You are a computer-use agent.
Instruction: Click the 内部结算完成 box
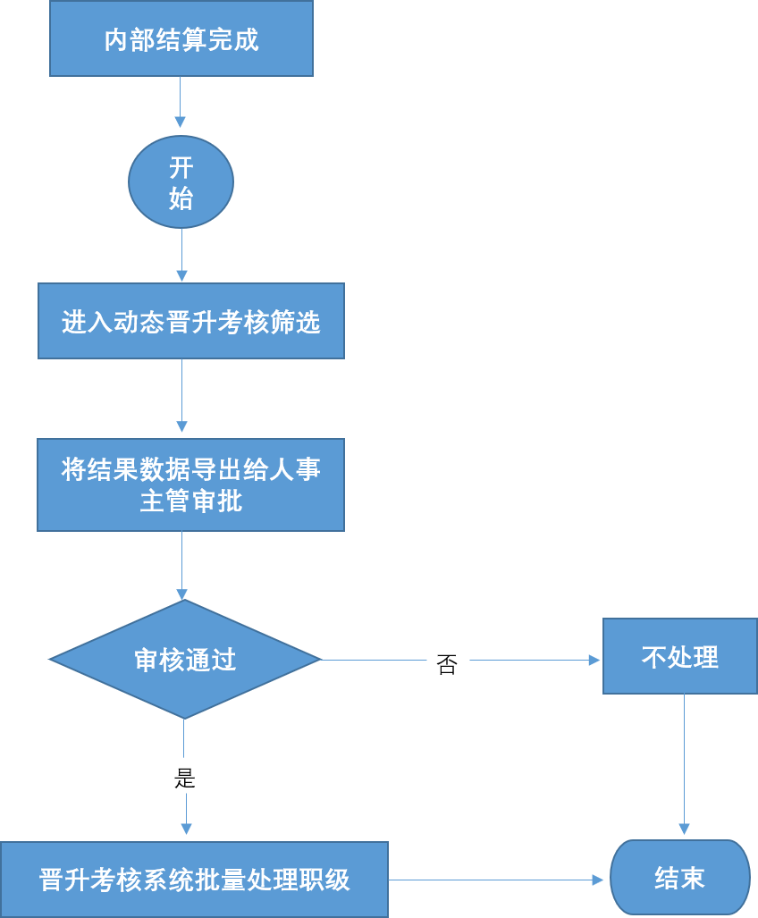181,39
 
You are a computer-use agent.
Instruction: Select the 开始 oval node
181,182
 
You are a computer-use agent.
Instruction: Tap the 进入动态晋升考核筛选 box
190,321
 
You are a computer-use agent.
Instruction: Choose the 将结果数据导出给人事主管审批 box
190,484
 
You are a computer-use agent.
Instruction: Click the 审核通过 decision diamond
185,660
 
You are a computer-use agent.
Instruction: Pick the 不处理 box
679,656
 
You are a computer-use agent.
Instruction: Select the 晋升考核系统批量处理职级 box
194,879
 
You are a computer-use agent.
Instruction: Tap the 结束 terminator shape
679,878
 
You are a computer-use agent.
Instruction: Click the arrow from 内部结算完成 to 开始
181,102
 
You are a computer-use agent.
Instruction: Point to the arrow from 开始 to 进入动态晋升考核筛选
181,255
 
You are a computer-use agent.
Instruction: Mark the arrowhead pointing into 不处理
595,661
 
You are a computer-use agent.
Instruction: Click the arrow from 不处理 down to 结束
684,764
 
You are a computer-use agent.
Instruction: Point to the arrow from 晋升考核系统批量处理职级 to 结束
496,880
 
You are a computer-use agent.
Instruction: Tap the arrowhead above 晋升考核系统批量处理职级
186,828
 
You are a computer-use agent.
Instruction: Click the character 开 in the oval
181,168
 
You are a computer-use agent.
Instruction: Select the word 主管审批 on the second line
190,501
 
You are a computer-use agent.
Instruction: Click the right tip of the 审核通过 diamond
319,660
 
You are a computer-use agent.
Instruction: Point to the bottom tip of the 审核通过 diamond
184,717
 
